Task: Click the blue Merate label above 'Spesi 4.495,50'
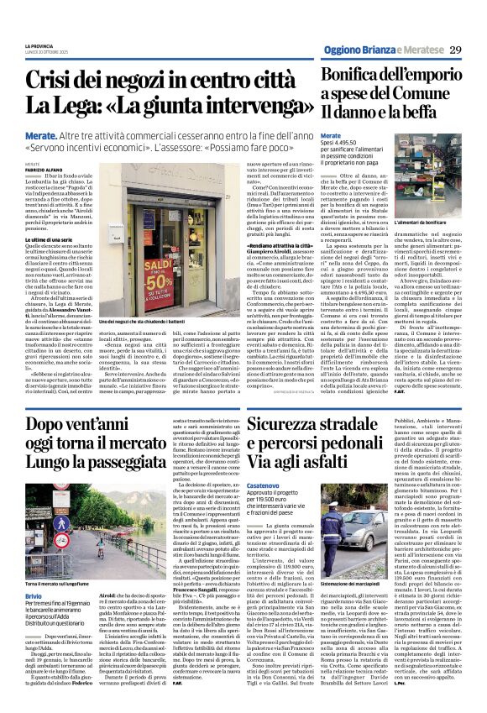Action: coord(331,134)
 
